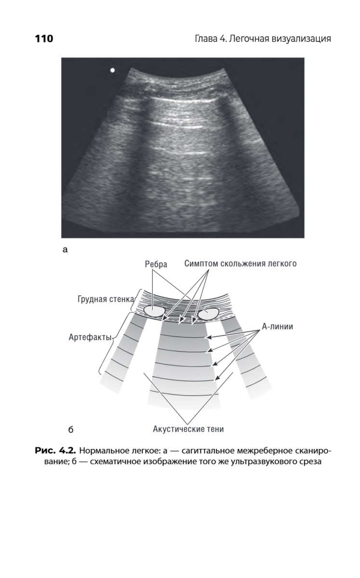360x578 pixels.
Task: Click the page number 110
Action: pos(44,39)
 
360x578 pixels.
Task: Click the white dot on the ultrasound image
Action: pos(113,70)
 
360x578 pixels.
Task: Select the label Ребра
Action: pos(156,264)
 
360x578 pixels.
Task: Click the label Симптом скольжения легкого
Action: pos(240,264)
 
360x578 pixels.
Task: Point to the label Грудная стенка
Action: pos(106,299)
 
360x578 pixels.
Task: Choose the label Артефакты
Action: pos(90,337)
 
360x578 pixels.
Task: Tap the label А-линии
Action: pos(278,327)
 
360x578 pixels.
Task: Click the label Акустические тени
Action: pos(188,429)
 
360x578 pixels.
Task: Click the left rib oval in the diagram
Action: pos(154,311)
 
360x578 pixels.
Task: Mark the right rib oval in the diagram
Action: pos(208,314)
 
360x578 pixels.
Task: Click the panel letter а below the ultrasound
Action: pos(65,250)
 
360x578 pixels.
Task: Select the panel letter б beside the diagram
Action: pos(71,430)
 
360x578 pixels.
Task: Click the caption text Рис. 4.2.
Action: pos(55,451)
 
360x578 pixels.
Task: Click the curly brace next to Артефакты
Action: pos(110,343)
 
